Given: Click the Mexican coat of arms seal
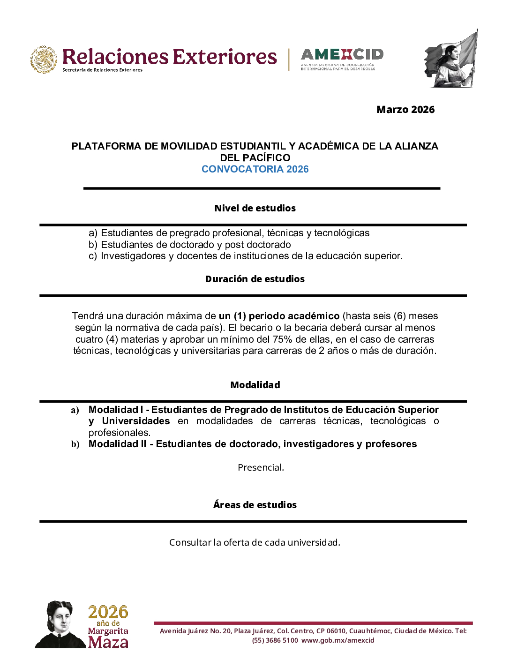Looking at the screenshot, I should point(44,60).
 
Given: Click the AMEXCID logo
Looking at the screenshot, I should point(342,59).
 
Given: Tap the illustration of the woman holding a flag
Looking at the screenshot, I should point(451,60).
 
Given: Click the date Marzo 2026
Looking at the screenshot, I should point(405,110).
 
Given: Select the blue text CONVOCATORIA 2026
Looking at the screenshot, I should point(255,169).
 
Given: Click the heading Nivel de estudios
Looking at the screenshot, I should point(255,208).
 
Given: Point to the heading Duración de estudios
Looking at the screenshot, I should point(255,279).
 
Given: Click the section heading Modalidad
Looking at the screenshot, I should point(255,385).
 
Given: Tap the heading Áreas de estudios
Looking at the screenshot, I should point(255,505).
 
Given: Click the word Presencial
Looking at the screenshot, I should point(261,467).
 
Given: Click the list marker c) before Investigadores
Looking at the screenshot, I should point(93,256).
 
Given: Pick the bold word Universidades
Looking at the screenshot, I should point(136,421).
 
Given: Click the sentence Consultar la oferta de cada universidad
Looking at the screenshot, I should point(255,542).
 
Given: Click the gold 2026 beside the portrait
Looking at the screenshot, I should point(108,612).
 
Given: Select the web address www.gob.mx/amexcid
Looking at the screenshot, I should point(338,640).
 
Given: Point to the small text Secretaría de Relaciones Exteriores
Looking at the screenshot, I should point(102,70).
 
